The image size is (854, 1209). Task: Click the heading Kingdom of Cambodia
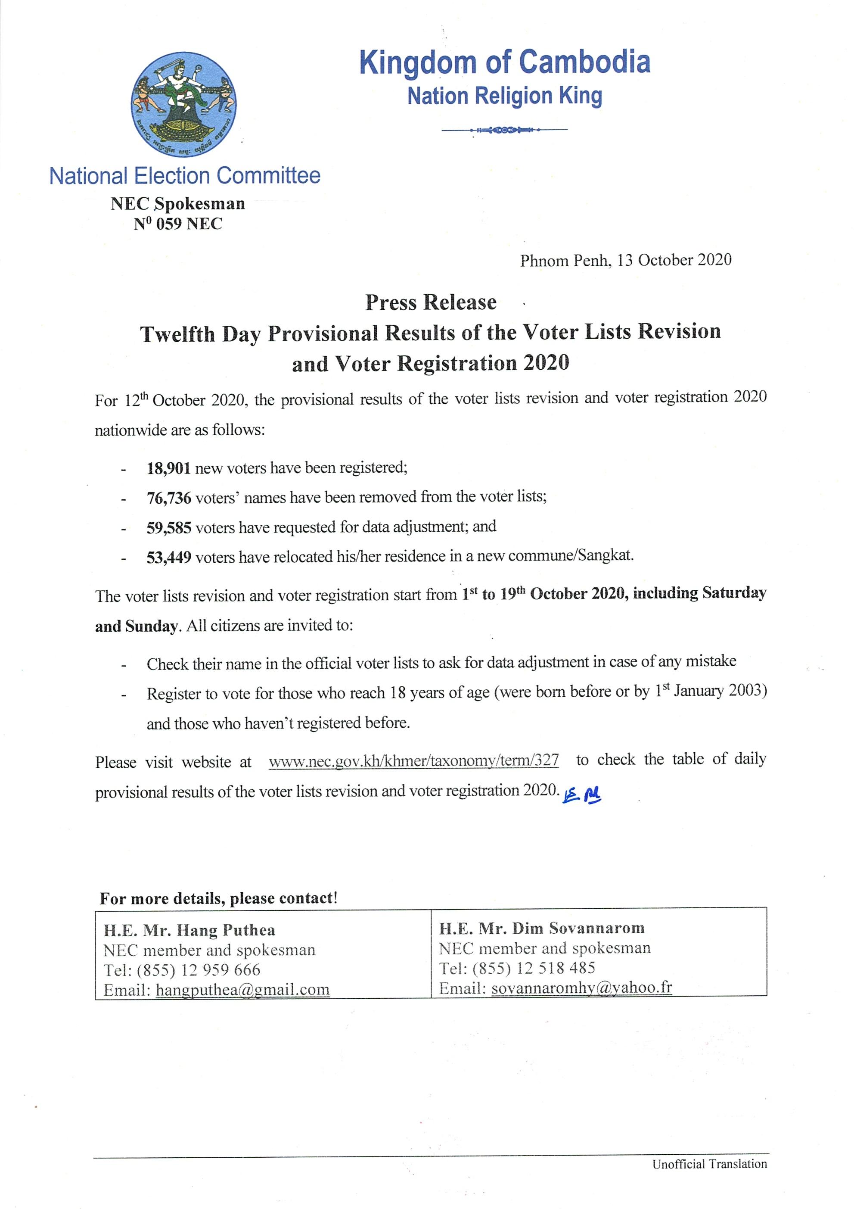[x=505, y=62]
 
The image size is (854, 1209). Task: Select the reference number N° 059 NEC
[x=178, y=224]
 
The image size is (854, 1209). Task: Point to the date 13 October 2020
[x=674, y=260]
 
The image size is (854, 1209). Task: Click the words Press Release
[x=431, y=302]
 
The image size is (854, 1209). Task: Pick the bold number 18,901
[x=168, y=467]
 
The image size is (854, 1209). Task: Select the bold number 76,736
[x=168, y=497]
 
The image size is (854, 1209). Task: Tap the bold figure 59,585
[x=168, y=527]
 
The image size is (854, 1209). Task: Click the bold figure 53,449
[x=168, y=557]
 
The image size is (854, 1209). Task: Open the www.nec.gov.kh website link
[x=413, y=761]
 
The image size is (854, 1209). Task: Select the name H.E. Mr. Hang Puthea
[x=189, y=930]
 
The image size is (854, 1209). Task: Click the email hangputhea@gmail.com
[x=242, y=990]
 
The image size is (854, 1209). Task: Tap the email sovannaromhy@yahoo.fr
[x=581, y=988]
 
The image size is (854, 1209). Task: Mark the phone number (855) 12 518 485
[x=534, y=968]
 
